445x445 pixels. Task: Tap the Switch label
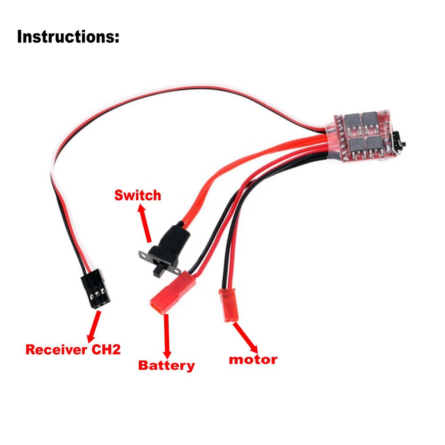click(138, 196)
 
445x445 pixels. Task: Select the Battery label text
click(166, 365)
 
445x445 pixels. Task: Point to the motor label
click(253, 360)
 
